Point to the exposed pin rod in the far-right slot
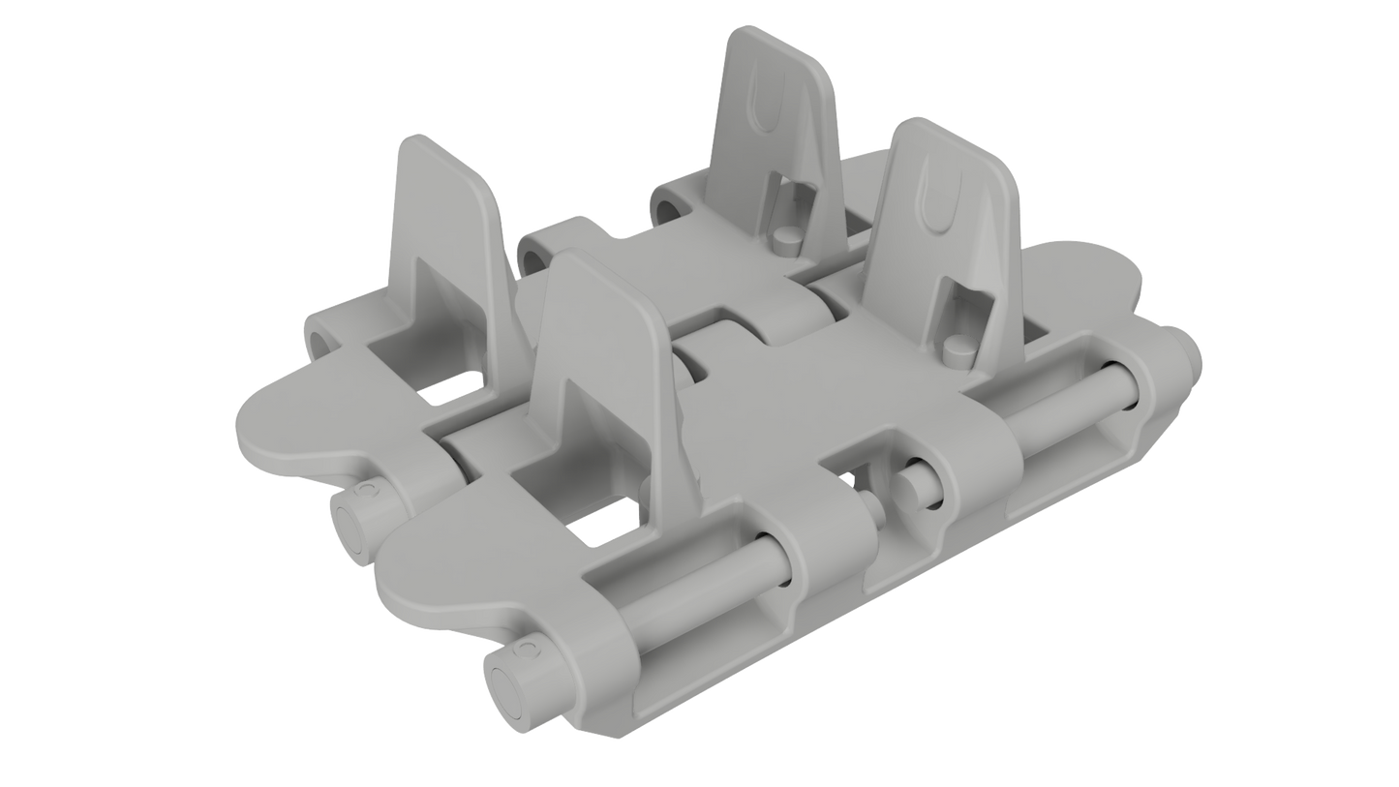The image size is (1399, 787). point(1065,411)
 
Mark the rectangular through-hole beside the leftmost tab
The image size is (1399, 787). point(449,392)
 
